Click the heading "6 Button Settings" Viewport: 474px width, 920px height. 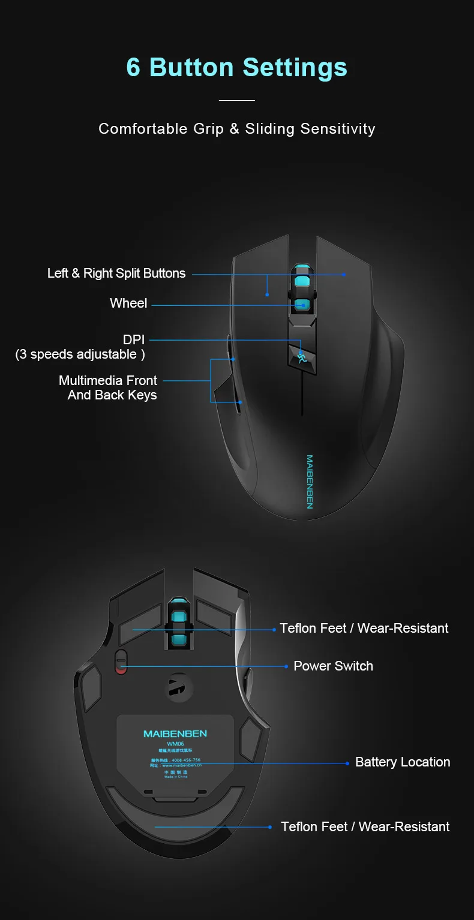point(236,67)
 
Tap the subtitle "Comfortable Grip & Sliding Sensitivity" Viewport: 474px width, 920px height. point(236,129)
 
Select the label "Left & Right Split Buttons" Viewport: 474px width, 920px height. point(116,273)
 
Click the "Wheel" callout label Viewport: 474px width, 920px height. point(128,303)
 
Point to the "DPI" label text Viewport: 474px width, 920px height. point(134,341)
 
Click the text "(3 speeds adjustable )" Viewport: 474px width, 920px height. point(80,354)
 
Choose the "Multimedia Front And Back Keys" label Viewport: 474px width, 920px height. point(109,387)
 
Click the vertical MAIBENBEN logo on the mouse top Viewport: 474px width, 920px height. point(310,482)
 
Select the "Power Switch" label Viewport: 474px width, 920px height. point(333,666)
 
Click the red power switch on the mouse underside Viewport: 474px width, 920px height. point(121,662)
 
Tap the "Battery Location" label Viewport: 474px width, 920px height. point(403,762)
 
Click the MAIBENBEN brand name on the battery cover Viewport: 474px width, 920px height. point(175,733)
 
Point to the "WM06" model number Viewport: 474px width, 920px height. point(175,744)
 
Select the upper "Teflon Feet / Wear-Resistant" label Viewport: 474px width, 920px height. point(364,629)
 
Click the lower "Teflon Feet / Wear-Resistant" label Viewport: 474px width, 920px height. point(365,827)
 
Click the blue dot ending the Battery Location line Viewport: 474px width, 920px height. point(347,763)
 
